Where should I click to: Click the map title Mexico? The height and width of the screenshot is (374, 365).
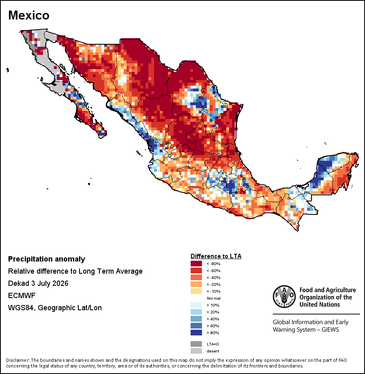pos(28,15)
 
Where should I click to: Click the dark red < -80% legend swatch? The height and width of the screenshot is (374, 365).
pos(196,264)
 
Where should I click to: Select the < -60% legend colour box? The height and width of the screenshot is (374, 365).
pos(196,270)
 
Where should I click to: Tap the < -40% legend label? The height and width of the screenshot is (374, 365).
pos(213,277)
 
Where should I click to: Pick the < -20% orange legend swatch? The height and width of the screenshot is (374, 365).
pos(196,284)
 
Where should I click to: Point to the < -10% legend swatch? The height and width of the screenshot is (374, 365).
pos(196,291)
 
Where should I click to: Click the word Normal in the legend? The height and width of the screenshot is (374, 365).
pos(213,298)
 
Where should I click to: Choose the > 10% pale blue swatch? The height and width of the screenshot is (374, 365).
pos(196,305)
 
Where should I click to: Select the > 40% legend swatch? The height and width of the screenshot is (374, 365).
pos(196,319)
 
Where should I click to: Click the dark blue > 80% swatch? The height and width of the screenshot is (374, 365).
pos(196,333)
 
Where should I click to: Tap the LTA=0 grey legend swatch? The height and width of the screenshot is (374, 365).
pos(196,344)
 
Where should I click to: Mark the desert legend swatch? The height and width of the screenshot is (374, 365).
pos(196,351)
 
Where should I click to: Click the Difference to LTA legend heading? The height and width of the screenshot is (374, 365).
pos(216,256)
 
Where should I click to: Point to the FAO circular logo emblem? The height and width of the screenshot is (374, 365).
pos(284,296)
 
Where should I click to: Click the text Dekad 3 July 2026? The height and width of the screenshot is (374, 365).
pos(38,283)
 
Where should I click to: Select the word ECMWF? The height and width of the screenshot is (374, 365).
pos(21,296)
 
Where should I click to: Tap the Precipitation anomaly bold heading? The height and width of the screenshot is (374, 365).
pos(47,259)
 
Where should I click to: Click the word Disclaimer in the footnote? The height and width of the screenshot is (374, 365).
pos(17,360)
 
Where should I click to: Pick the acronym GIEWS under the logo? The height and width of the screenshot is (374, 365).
pos(330,330)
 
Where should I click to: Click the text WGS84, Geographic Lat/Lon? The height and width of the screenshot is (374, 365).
pos(55,308)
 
